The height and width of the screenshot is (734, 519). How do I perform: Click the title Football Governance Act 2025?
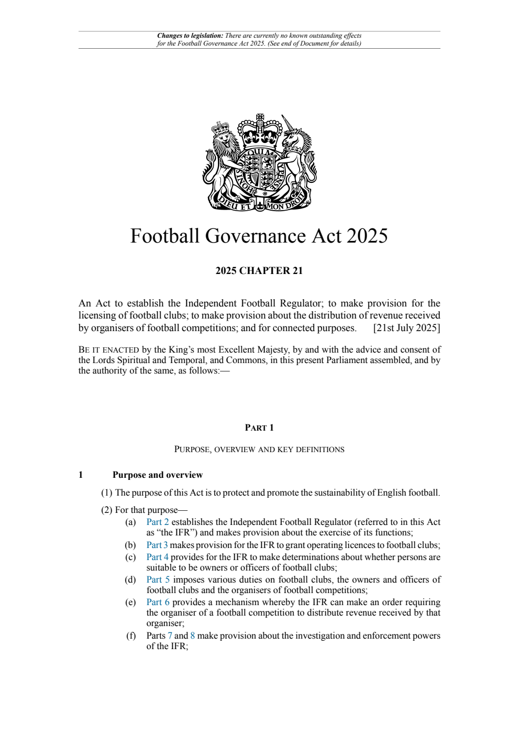259,236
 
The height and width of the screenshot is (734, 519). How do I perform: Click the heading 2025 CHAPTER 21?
259,271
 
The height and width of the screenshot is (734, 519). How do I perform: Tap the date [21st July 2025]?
406,328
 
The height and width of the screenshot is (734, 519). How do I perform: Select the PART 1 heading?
259,428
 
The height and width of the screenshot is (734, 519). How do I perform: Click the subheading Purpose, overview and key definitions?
259,450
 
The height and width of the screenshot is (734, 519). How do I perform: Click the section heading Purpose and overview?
157,475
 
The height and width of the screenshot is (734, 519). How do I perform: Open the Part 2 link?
157,522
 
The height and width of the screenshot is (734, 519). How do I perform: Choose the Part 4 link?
157,557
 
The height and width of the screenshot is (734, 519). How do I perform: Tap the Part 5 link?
158,579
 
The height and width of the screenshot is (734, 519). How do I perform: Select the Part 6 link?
158,602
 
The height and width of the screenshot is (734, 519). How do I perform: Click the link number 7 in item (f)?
170,636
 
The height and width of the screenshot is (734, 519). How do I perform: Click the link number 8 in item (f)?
193,636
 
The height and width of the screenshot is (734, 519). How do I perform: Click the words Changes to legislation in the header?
190,36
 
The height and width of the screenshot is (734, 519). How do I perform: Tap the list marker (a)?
130,522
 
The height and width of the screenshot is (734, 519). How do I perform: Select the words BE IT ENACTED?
108,350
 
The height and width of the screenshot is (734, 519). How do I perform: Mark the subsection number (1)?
106,493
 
